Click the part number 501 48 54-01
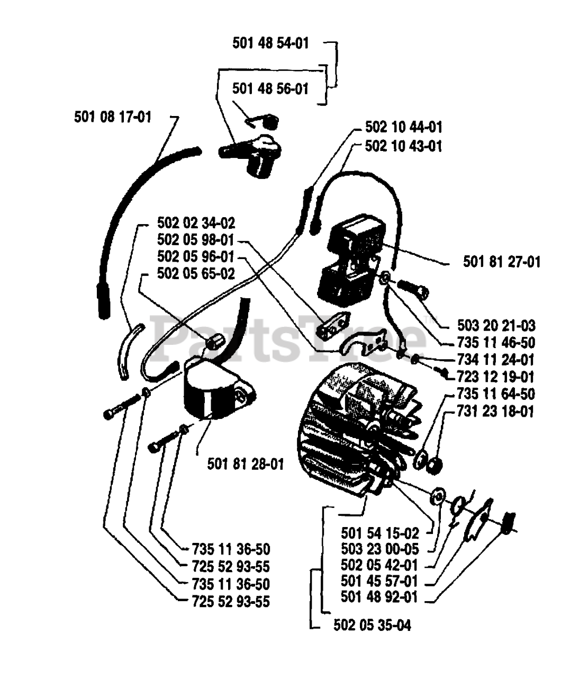coord(270,43)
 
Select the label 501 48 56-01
coord(270,88)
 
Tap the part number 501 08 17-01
coord(113,116)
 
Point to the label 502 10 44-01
coord(403,128)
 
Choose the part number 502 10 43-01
coord(403,146)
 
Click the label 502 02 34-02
coord(196,222)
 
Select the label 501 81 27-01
coord(502,262)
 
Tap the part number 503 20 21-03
coord(496,325)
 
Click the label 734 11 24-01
coord(496,360)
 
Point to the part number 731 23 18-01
coord(496,411)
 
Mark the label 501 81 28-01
coord(246,465)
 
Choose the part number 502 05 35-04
coord(372,626)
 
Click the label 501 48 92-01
coord(379,597)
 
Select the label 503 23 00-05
coord(379,548)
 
